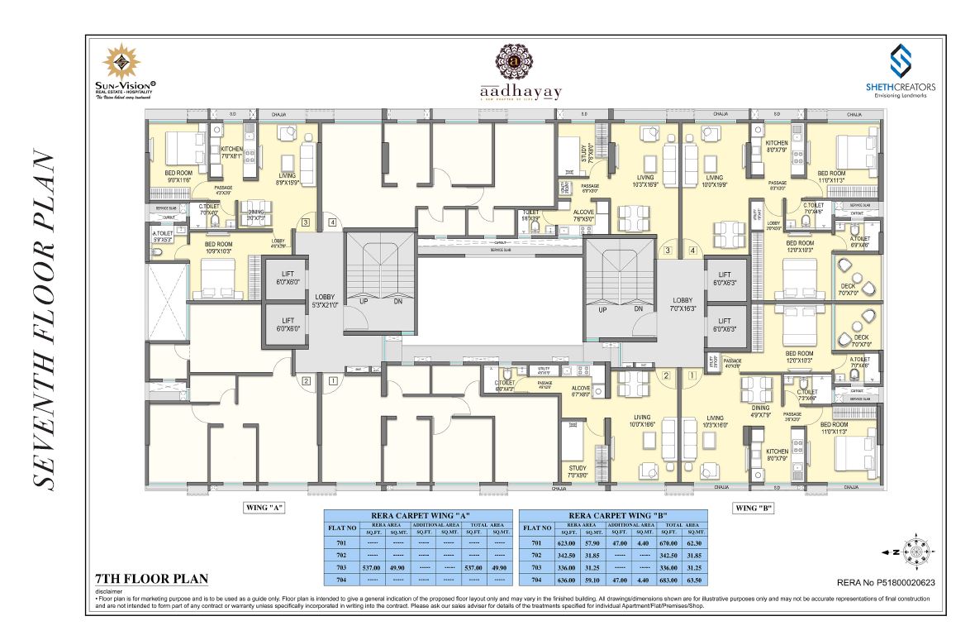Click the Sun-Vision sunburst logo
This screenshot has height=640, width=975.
coord(122,62)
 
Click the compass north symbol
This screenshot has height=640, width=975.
coord(915,551)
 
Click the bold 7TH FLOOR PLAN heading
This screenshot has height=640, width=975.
coord(150,578)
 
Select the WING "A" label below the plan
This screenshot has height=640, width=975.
coord(264,509)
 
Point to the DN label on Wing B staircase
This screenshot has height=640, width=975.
coord(638,308)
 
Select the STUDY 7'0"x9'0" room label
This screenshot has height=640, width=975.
coord(578,471)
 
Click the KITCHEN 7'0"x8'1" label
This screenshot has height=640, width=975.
coord(231,152)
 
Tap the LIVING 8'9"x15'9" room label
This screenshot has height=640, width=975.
coord(287,179)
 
